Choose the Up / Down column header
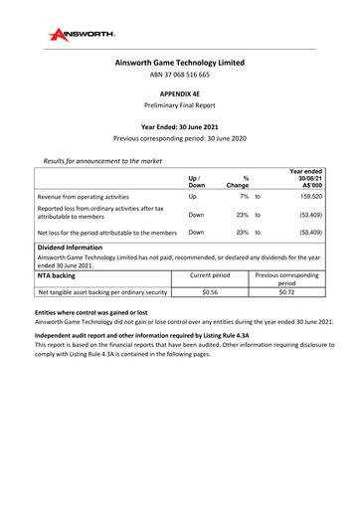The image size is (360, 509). click(x=196, y=180)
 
